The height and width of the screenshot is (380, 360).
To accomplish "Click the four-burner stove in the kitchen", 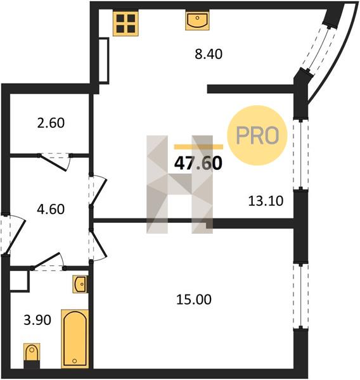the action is point(125,23).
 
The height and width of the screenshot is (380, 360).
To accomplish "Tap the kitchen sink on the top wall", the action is point(197,21).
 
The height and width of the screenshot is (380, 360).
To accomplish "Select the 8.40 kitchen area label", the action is point(209,54).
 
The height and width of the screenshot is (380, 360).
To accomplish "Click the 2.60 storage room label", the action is point(51,123).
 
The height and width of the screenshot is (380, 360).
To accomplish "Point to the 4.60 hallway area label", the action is point(51,209).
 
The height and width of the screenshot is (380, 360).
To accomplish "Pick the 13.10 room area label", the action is point(266,201).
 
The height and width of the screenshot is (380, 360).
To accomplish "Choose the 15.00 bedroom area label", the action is point(193,300).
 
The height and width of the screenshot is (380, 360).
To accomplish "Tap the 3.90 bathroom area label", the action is point(37,320).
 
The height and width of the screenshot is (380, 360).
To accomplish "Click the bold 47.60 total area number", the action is point(198,163).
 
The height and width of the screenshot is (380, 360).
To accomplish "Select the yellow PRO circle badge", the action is point(257,136).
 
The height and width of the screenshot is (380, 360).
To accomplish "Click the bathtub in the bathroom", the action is point(75,339).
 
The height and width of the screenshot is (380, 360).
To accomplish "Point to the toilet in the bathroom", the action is point(32,355).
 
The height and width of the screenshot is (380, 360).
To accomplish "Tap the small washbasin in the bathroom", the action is point(80,284).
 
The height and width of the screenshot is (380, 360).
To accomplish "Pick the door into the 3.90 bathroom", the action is point(49,262).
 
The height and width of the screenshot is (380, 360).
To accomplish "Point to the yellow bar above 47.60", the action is point(198,147).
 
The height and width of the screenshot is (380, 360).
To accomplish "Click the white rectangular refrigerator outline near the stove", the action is point(104,61).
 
